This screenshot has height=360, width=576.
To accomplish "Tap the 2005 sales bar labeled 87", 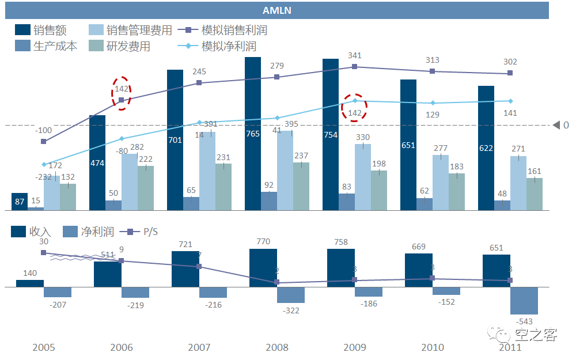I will click(x=20, y=202).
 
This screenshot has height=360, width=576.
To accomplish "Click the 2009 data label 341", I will click(x=355, y=55).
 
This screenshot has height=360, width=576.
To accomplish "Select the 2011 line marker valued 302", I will click(x=510, y=73).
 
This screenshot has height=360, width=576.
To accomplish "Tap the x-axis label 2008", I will click(x=277, y=347).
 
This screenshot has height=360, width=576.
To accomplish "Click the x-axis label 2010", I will click(x=433, y=347).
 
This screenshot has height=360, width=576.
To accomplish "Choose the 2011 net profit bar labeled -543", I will click(x=524, y=300).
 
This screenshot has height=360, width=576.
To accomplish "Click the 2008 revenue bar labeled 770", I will click(x=263, y=268).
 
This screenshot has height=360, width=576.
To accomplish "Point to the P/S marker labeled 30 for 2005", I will click(x=44, y=252).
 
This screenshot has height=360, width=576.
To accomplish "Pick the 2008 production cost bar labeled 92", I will click(x=269, y=201).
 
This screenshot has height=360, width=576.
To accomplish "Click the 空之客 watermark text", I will click(x=536, y=335).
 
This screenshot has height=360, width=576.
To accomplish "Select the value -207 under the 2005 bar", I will click(x=58, y=304).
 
